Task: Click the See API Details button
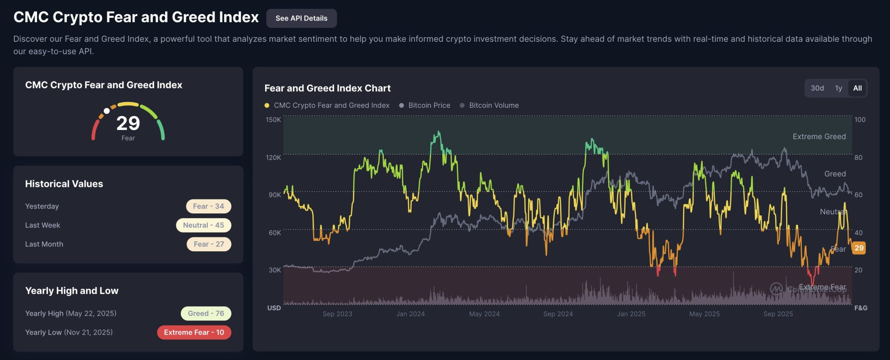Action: tap(301, 18)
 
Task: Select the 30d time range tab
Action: tap(817, 88)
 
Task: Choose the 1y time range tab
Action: tap(838, 88)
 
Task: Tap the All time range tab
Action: tap(857, 88)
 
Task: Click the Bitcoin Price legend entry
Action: tap(429, 105)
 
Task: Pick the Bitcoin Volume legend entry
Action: tap(494, 105)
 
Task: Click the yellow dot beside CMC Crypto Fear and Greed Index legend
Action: tap(267, 105)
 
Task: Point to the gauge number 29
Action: tap(128, 123)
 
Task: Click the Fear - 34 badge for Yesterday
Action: tap(209, 206)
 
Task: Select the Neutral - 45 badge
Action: tap(203, 225)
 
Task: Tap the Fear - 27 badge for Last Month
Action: tap(209, 244)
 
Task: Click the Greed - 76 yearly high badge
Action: tap(206, 313)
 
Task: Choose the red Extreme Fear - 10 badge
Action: tap(194, 333)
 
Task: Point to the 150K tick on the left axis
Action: tap(273, 120)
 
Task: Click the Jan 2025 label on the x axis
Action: tap(631, 314)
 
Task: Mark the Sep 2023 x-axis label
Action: tap(337, 314)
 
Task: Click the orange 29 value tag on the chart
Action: tap(859, 248)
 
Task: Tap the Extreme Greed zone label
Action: tap(819, 137)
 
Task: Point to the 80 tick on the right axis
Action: tap(858, 157)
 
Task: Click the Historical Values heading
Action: tap(64, 184)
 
